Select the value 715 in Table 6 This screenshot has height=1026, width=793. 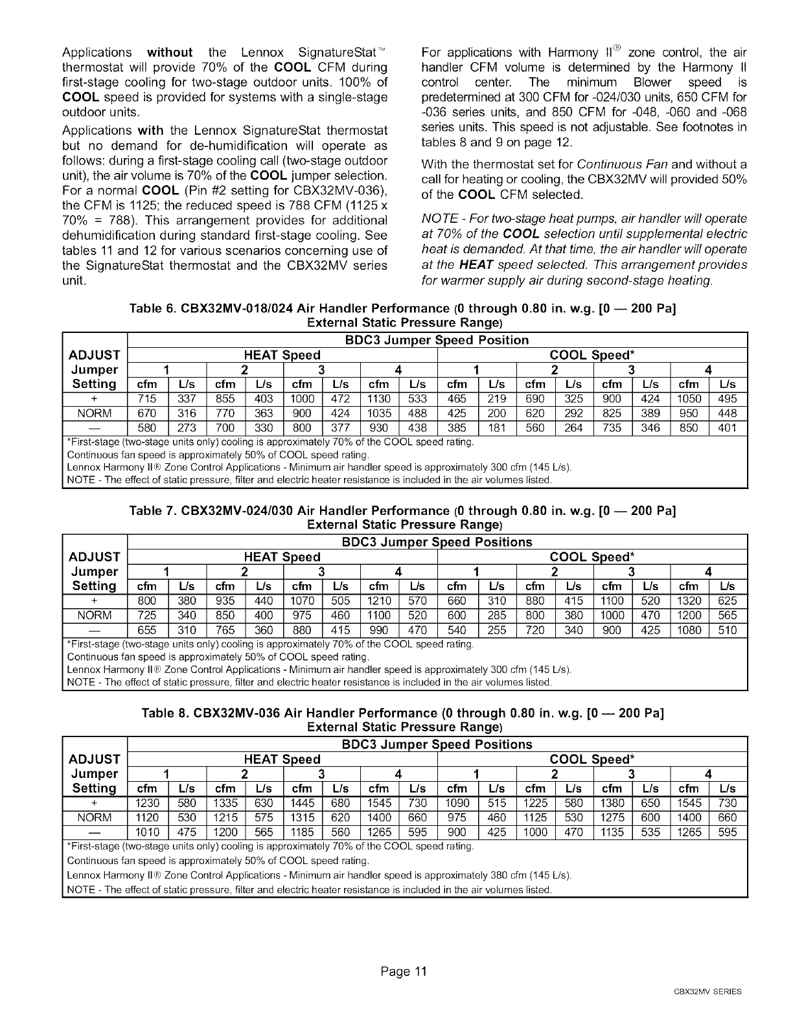click(148, 400)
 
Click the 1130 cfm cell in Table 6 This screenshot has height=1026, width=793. click(379, 400)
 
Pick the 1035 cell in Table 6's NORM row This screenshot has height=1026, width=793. click(379, 414)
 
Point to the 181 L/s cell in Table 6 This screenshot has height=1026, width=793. click(496, 428)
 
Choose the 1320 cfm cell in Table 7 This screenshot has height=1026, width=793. click(689, 601)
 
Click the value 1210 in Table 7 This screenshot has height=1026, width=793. click(379, 601)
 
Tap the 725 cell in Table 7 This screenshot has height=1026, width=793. click(148, 615)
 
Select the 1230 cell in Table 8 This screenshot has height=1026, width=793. click(148, 803)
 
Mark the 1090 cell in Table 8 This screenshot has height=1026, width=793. click(457, 803)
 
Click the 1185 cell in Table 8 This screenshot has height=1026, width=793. click(303, 832)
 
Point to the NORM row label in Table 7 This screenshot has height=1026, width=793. click(95, 615)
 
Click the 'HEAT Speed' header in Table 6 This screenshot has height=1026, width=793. click(282, 355)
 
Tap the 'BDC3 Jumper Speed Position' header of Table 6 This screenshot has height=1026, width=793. click(434, 340)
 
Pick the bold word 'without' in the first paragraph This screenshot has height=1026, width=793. click(170, 52)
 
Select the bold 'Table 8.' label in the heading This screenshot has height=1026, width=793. click(165, 714)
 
